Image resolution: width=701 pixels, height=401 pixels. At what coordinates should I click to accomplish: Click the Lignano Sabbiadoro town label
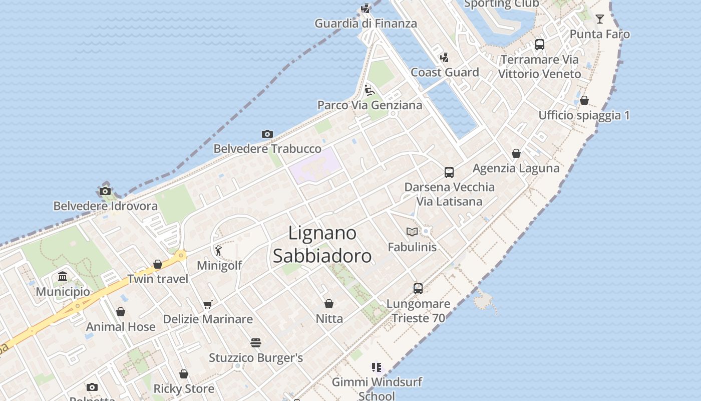coord(322,244)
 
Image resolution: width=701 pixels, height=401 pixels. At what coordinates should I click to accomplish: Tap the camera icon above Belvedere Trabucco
coord(267,134)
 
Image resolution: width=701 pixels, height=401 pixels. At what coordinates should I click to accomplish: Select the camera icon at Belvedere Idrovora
coord(105,191)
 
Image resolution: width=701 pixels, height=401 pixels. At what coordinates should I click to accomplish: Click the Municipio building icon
coord(63,277)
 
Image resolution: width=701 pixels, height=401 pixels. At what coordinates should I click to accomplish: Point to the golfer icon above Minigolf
coord(218,250)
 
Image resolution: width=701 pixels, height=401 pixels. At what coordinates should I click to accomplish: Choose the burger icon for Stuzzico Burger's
coord(256,343)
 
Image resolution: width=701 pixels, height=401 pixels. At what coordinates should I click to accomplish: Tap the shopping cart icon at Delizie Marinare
coord(208,304)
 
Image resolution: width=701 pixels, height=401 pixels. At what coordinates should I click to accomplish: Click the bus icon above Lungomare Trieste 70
coord(418,289)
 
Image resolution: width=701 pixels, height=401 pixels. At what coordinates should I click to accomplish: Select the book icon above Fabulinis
coord(412,232)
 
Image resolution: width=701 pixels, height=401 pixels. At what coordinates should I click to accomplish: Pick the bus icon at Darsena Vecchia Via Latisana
coord(449,172)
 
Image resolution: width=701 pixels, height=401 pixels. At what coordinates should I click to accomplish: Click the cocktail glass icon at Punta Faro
coord(600,19)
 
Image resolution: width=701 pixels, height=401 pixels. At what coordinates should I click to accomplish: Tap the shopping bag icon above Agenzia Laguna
coord(516,153)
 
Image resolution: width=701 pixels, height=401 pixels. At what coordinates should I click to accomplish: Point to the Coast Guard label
coord(445,72)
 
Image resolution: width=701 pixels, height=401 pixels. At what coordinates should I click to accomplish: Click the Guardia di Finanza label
coord(366,23)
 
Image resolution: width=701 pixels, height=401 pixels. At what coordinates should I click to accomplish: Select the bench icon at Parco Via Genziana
coord(370,90)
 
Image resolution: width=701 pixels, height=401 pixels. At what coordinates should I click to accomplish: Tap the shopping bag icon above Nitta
coord(329,304)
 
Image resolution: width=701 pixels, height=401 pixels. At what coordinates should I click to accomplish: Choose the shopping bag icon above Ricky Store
coord(184,374)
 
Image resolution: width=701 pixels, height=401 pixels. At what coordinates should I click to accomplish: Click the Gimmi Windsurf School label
coord(377,388)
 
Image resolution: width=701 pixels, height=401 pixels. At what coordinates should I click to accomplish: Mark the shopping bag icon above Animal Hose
coord(121,312)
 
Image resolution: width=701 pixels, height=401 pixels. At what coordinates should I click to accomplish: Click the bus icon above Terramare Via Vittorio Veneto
coord(539,45)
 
